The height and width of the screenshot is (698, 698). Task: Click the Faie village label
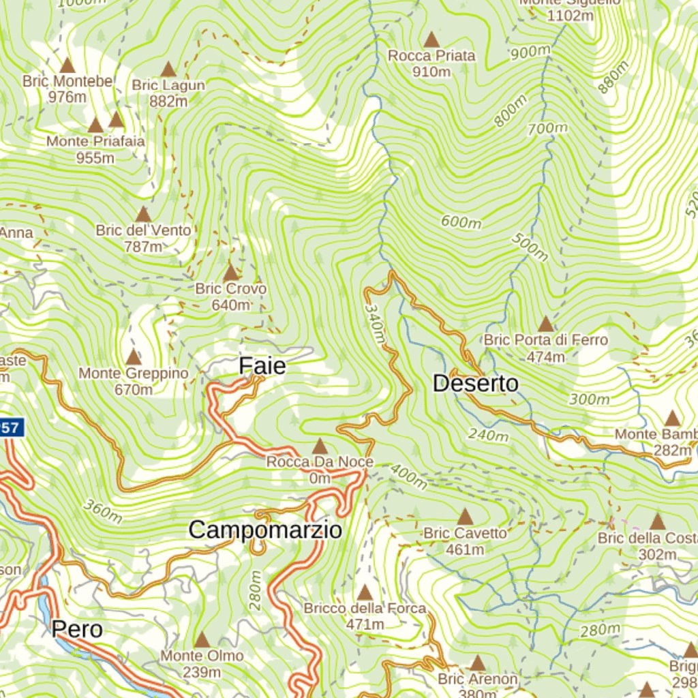[x=262, y=367]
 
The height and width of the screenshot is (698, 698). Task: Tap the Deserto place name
[x=475, y=384]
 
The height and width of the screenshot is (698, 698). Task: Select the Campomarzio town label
[x=264, y=530]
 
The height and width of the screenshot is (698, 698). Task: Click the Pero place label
[x=77, y=629]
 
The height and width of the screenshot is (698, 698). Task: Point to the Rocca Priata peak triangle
[x=431, y=40]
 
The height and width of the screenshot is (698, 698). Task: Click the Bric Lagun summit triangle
[x=168, y=69]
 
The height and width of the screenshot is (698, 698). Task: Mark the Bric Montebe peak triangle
[x=67, y=65]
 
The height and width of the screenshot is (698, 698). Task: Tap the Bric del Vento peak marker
[x=143, y=214]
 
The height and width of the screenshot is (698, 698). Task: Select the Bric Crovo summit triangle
[x=230, y=273]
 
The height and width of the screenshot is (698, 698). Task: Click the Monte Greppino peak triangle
[x=133, y=356]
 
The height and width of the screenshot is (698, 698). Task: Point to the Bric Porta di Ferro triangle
[x=545, y=323]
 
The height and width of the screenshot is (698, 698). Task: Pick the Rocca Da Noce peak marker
[x=319, y=446]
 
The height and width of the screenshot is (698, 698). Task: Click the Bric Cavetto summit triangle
[x=465, y=517]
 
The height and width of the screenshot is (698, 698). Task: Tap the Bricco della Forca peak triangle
[x=365, y=592]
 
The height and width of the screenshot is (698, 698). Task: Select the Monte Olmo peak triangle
[x=202, y=639]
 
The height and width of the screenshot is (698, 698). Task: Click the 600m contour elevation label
[x=461, y=222]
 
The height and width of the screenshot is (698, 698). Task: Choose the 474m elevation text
[x=545, y=356]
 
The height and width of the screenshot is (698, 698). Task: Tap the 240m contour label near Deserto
[x=488, y=434]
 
